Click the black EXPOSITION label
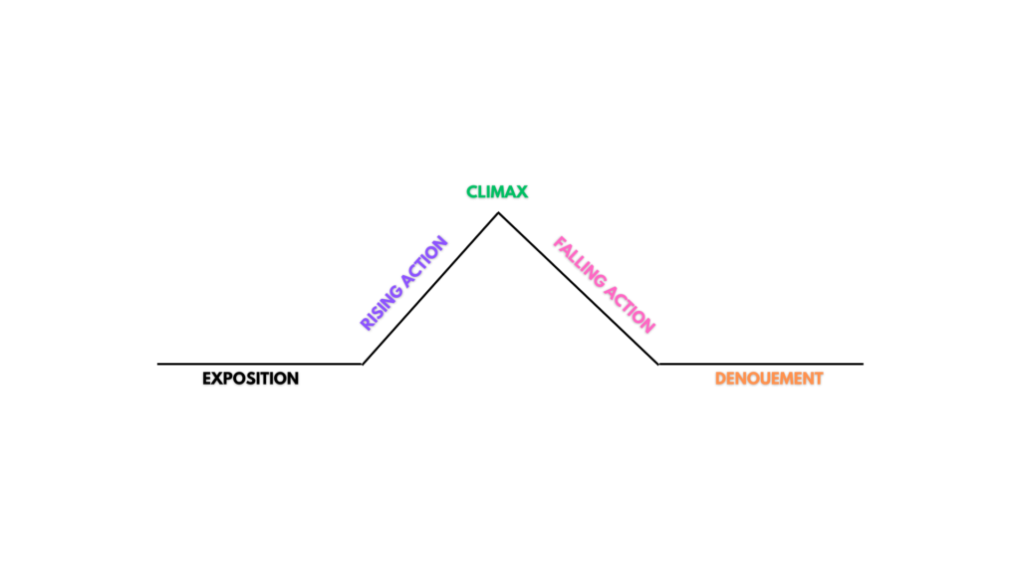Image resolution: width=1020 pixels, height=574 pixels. tap(250, 379)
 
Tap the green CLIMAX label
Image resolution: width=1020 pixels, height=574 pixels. tap(497, 191)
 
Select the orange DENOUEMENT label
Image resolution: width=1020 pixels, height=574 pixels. tap(769, 379)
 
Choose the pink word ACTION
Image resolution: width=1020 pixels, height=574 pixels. tap(631, 310)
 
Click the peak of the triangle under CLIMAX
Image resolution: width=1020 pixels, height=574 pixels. tap(498, 213)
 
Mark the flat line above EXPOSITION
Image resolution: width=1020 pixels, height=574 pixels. tap(259, 364)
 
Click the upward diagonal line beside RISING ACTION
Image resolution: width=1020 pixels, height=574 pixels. tap(430, 289)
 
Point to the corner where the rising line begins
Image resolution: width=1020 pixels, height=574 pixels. tap(362, 364)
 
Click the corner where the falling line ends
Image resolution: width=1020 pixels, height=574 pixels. tap(657, 364)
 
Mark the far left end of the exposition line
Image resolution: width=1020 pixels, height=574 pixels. tap(159, 364)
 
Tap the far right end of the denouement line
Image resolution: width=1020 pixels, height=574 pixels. tap(862, 364)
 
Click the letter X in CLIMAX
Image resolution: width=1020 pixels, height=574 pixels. tap(522, 191)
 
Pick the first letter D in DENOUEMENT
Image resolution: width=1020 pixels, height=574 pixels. tap(720, 379)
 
